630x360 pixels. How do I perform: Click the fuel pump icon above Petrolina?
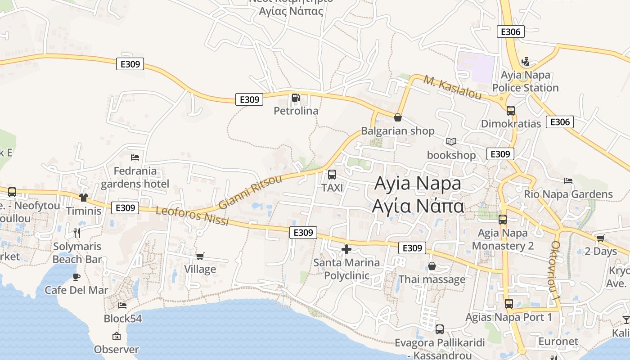[296, 97]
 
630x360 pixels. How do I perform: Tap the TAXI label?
[332, 188]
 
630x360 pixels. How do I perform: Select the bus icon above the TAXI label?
[332, 175]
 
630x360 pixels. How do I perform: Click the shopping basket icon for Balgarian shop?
[398, 118]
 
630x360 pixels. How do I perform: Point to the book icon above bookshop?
[451, 142]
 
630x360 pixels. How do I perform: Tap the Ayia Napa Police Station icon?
[525, 62]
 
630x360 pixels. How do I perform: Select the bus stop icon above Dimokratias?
[510, 110]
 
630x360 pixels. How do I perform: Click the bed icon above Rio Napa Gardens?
[568, 181]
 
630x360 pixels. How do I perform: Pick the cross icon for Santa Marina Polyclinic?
[346, 249]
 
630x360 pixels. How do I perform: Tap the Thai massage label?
[432, 279]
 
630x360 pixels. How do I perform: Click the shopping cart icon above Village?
[200, 256]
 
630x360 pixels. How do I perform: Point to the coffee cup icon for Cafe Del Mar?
[76, 277]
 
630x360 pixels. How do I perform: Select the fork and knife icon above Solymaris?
[77, 233]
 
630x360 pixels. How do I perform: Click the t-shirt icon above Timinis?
[84, 197]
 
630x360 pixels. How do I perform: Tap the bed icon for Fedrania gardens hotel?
[135, 157]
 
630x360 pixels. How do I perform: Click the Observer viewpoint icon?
[117, 336]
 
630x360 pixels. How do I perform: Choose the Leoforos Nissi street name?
[192, 216]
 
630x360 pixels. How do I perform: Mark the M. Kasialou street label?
[452, 87]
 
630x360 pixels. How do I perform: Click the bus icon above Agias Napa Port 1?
[509, 304]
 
